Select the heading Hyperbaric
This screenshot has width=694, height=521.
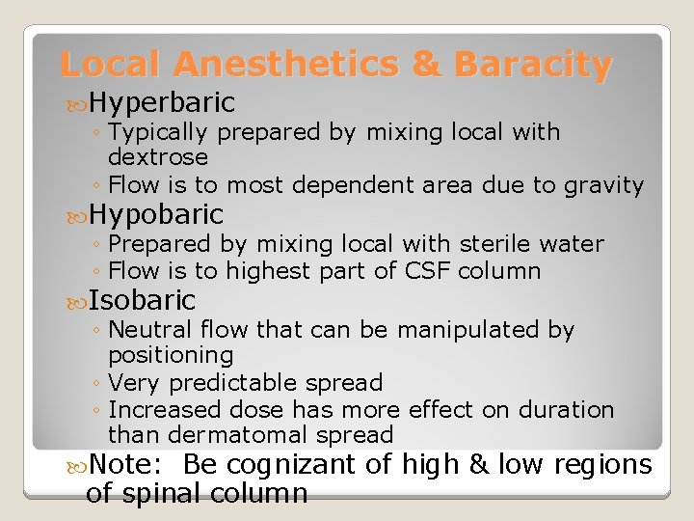pyautogui.click(x=162, y=102)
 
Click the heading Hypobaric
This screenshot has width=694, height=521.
pyautogui.click(x=156, y=213)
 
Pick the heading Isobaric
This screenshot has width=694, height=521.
pyautogui.click(x=142, y=300)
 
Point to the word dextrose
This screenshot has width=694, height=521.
pyautogui.click(x=158, y=156)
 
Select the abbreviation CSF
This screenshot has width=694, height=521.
pyautogui.click(x=429, y=271)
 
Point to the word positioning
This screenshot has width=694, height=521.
pyautogui.click(x=171, y=355)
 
